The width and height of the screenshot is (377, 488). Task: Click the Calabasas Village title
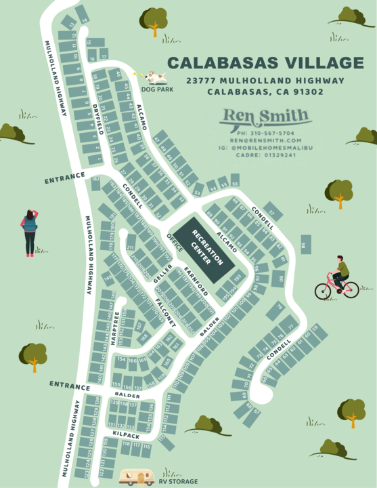coord(265,63)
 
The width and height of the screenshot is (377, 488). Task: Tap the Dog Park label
coord(153,89)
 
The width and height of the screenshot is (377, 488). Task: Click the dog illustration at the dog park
coord(154,77)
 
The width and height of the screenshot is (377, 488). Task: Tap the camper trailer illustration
coord(137,478)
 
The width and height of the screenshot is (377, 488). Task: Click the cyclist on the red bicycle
coord(337,279)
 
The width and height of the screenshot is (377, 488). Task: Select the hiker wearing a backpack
coord(30,231)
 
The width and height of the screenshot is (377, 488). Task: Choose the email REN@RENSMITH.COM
coord(266,140)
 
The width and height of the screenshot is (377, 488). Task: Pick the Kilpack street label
coord(126,432)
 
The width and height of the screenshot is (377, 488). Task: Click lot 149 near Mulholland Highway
coord(107,278)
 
